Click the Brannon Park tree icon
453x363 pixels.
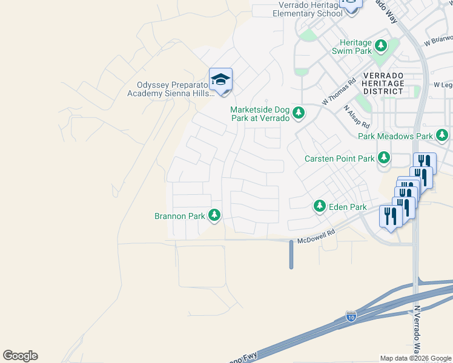coord(214,215)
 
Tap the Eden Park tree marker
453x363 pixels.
coord(320,207)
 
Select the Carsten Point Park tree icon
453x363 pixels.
coord(384,158)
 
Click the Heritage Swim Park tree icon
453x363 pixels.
coord(381,45)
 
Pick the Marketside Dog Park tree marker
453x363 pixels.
coord(299,113)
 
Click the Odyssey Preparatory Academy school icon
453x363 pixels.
coord(220,80)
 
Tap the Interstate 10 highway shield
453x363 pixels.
coord(351,316)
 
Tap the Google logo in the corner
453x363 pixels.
coord(20,356)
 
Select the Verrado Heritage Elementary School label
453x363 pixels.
coord(310,9)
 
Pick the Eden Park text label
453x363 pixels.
coord(348,207)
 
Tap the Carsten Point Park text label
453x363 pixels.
coord(339,159)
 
